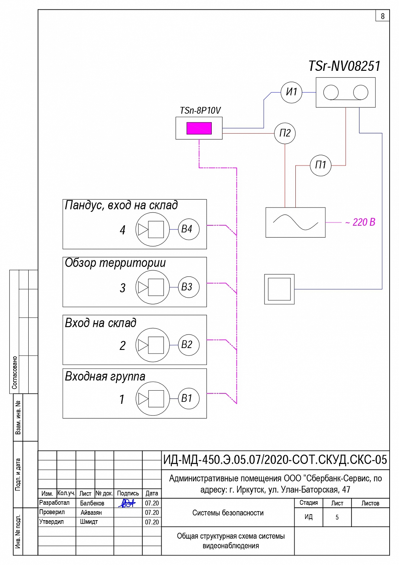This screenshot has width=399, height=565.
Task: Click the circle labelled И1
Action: [x=291, y=92]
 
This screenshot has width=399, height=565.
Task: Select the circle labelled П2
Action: [x=285, y=133]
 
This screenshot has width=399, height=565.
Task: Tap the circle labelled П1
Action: [x=320, y=165]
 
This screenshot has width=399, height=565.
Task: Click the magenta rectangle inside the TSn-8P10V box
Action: [x=199, y=128]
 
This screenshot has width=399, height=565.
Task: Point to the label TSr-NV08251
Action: [x=344, y=66]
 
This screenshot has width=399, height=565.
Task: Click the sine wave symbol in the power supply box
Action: [x=295, y=222]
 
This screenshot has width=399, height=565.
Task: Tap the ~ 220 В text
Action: [x=360, y=222]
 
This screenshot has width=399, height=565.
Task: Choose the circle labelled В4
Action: [x=188, y=229]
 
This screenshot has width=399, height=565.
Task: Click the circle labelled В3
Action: [x=188, y=287]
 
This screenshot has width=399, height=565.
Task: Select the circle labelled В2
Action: [x=188, y=345]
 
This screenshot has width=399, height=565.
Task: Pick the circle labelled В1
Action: [x=188, y=398]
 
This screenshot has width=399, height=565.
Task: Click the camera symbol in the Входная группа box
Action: [x=153, y=399]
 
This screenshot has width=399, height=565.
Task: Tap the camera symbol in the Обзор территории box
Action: [x=153, y=287]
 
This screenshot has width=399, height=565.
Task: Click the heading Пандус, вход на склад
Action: [x=121, y=205]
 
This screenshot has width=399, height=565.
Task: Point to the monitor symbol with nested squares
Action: [x=279, y=289]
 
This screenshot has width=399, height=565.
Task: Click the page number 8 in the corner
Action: [x=382, y=16]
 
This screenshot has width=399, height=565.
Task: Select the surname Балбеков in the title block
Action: [x=92, y=503]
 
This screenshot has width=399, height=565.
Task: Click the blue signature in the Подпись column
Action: [x=127, y=503]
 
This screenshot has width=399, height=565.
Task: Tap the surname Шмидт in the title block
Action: [x=89, y=522]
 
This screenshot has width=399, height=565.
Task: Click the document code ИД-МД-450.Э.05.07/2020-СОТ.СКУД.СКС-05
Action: [x=275, y=460]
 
